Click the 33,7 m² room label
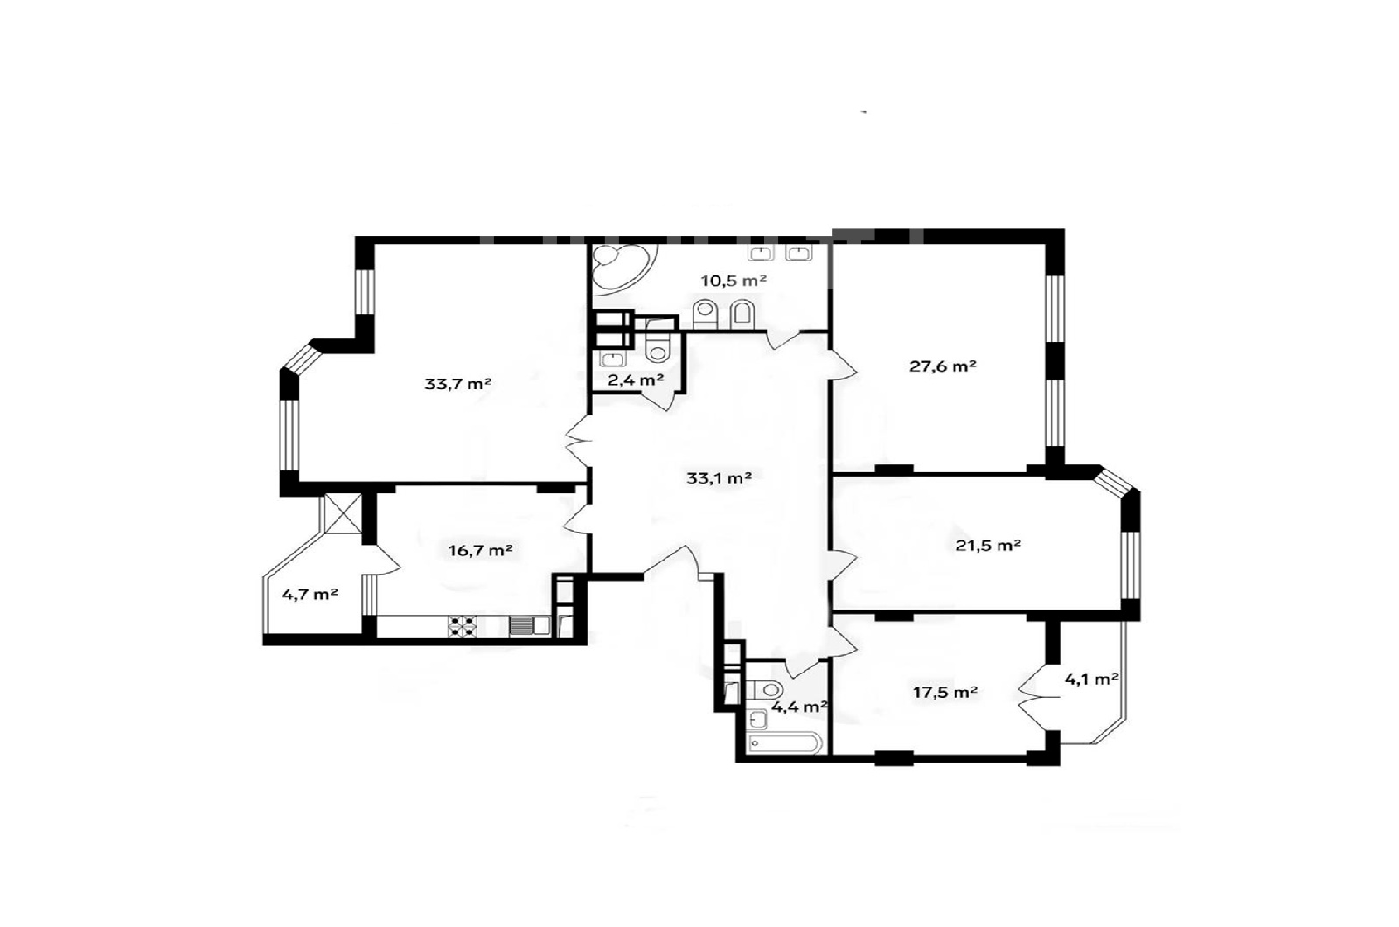[458, 384]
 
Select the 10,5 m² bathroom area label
[734, 281]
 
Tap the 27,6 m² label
[943, 366]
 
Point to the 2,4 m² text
[635, 380]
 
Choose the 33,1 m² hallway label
[719, 477]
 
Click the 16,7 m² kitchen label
[480, 550]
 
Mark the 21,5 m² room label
[988, 546]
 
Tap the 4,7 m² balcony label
[310, 594]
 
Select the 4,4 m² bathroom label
[799, 707]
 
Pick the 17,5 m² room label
[945, 692]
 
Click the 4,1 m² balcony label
[1091, 679]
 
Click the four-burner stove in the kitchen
[463, 626]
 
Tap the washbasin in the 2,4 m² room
[613, 359]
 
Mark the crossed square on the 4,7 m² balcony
[343, 512]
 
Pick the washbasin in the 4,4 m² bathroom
[757, 720]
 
